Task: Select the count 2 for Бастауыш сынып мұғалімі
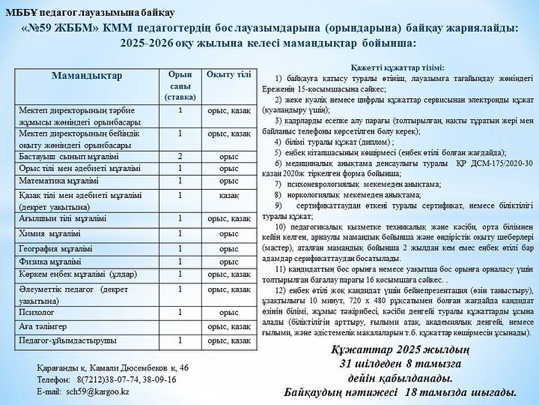(180, 156)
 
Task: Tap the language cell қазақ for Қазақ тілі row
(228, 194)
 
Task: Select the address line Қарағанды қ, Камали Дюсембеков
(112, 367)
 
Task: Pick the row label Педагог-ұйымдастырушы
(67, 340)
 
